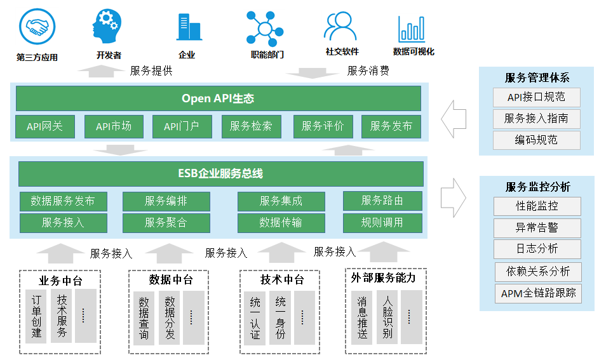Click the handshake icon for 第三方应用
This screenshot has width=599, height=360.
pos(37,27)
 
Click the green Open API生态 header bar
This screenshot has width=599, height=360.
pos(218,98)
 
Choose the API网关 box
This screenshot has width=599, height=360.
pos(44,126)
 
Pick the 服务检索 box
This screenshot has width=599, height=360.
pos(251,126)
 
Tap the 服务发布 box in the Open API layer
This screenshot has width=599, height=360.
pos(391,126)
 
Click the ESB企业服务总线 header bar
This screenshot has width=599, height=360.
pos(220,174)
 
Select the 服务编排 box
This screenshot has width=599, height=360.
pos(166,201)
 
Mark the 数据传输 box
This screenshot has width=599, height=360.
pos(281,223)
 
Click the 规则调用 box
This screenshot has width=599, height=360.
pos(382,223)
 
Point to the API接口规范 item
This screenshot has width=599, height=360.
pos(536,97)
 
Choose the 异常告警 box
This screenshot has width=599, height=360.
pos(537,227)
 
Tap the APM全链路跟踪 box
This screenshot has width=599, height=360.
pos(538,293)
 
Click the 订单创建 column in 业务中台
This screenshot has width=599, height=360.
pos(36,316)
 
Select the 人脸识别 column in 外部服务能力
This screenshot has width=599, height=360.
pos(387,316)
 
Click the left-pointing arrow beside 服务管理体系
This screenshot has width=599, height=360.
pos(454,117)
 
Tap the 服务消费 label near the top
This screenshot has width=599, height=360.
pos(368,71)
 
